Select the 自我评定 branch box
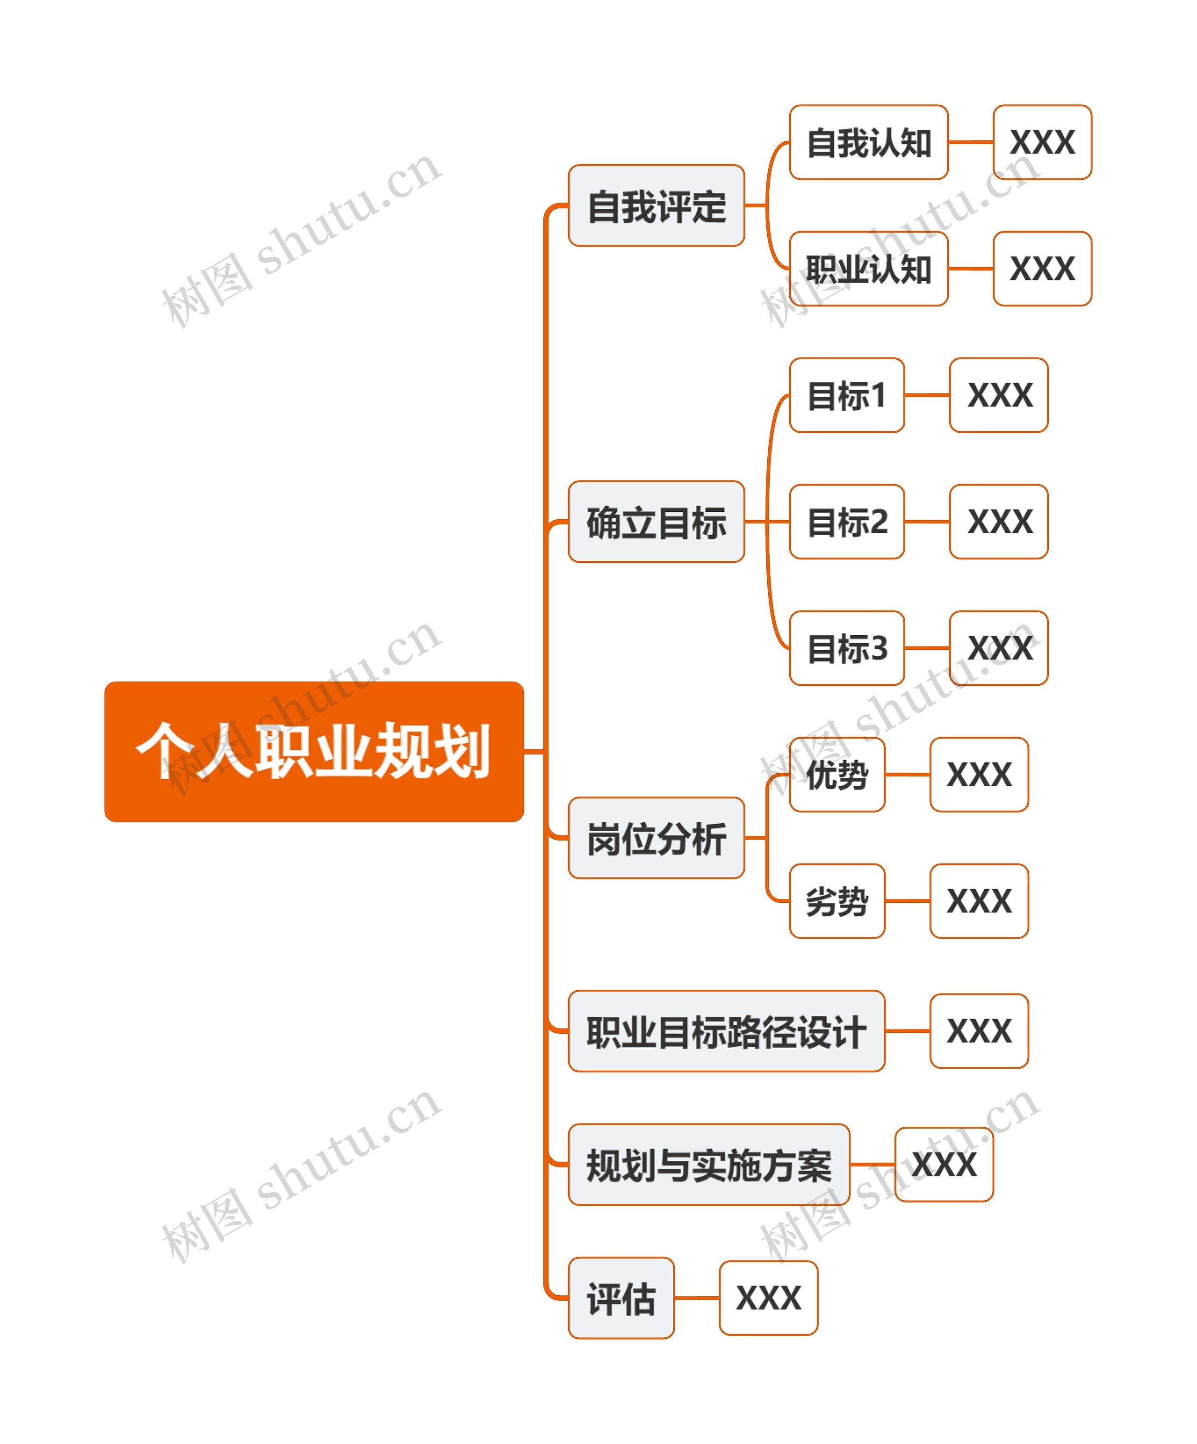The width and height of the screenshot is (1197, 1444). pyautogui.click(x=656, y=206)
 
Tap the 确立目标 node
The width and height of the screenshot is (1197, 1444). pyautogui.click(x=656, y=522)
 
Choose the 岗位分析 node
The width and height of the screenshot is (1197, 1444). pyautogui.click(x=656, y=838)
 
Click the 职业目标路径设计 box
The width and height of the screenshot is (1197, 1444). pyautogui.click(x=726, y=1031)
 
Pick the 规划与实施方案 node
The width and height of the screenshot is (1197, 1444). pyautogui.click(x=709, y=1165)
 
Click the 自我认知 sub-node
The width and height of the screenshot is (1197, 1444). pyautogui.click(x=868, y=142)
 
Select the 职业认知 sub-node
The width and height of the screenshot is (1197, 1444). pyautogui.click(x=868, y=269)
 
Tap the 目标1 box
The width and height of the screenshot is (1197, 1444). pyautogui.click(x=846, y=395)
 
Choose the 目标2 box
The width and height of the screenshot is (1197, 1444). pyautogui.click(x=846, y=522)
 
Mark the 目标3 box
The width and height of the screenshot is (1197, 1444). pyautogui.click(x=846, y=648)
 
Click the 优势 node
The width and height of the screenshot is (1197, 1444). pyautogui.click(x=837, y=775)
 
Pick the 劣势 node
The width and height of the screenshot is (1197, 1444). pyautogui.click(x=837, y=901)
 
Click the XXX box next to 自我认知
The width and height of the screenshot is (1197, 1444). pyautogui.click(x=1042, y=142)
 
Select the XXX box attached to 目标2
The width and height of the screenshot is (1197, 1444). pyautogui.click(x=998, y=522)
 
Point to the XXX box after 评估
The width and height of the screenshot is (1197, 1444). pyautogui.click(x=768, y=1298)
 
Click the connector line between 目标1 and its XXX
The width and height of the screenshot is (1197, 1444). pyautogui.click(x=927, y=395)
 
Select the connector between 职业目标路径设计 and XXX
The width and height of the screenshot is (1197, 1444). pyautogui.click(x=908, y=1031)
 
